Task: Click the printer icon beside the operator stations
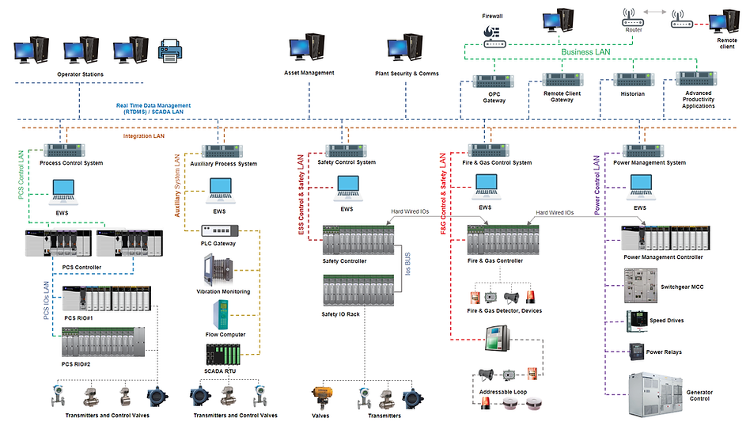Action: coord(172,52)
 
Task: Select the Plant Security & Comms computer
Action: coord(406,49)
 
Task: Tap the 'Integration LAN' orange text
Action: coord(145,136)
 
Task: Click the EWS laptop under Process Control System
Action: coord(62,189)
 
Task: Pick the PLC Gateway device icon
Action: coord(218,230)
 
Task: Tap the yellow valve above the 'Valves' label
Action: coord(321,396)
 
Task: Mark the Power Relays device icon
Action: coord(636,352)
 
